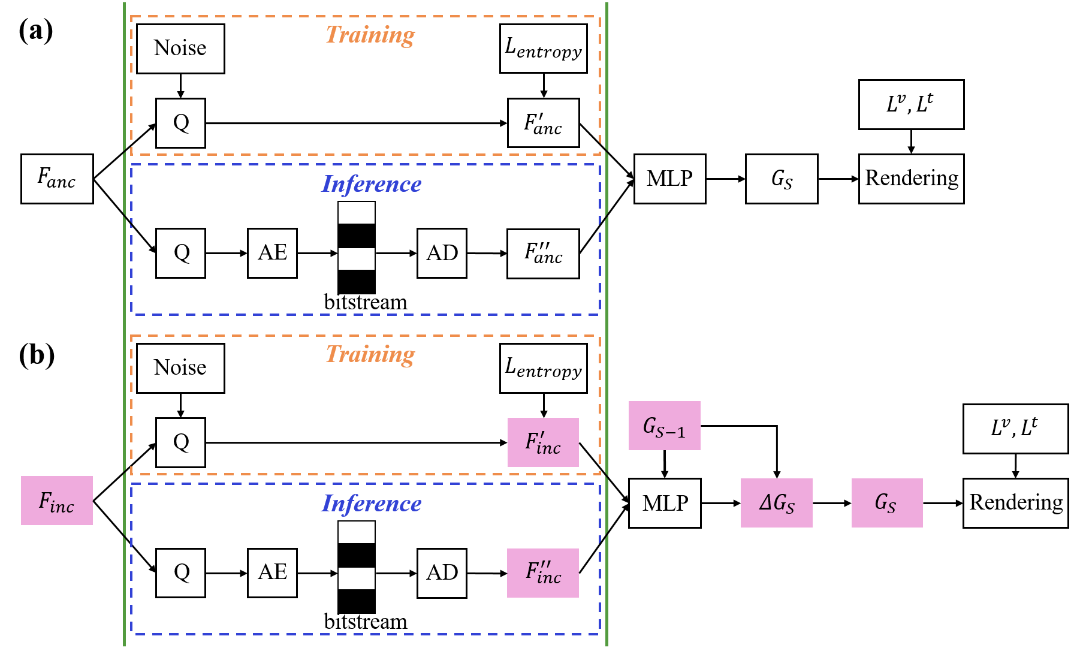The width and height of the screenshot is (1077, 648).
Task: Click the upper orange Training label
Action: click(370, 35)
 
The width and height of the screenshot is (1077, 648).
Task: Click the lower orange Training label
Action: click(370, 354)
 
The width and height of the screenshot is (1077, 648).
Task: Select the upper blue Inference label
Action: click(371, 184)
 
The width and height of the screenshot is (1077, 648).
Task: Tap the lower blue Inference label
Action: click(371, 504)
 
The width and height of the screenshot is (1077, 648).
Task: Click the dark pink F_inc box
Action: click(57, 501)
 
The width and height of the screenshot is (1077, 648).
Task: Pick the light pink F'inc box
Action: click(543, 442)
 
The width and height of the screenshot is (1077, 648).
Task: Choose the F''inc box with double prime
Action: click(543, 573)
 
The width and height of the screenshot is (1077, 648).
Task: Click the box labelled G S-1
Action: click(664, 426)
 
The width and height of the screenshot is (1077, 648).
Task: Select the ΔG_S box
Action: click(776, 503)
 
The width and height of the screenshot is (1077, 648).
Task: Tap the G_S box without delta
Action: click(887, 503)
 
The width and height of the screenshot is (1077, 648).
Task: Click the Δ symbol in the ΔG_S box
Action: click(765, 502)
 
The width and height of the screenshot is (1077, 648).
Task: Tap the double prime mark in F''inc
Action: click(546, 564)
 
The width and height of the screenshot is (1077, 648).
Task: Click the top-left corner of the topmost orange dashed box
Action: click(131, 17)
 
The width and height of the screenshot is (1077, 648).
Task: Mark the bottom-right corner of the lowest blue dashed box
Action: click(600, 633)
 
